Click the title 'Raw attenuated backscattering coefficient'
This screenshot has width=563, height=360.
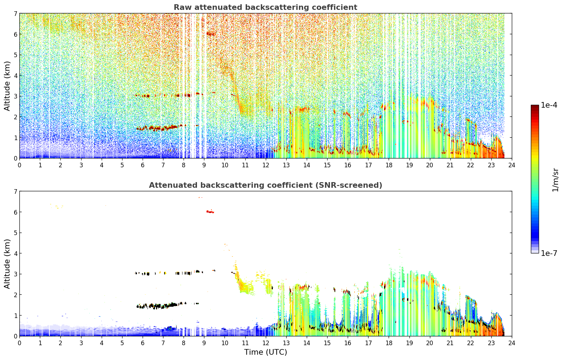click(265, 7)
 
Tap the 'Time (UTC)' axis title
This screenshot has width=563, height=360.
click(265, 352)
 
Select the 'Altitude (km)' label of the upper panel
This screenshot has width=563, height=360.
click(7, 86)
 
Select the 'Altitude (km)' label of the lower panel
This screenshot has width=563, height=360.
click(7, 264)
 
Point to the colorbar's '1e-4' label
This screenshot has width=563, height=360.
click(549, 105)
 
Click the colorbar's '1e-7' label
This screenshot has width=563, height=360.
click(549, 253)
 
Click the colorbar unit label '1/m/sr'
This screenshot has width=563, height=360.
click(555, 180)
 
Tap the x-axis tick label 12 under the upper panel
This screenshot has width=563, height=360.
click(265, 165)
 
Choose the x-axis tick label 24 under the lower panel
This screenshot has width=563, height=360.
click(512, 343)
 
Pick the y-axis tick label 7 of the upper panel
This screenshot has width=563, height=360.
click(16, 13)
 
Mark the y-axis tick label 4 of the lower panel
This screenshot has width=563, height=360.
click(16, 253)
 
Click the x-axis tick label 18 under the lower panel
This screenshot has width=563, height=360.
click(389, 343)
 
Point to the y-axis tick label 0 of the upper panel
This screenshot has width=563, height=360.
click(16, 158)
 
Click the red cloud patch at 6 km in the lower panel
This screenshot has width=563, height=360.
click(210, 212)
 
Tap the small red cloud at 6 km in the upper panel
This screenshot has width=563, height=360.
click(210, 34)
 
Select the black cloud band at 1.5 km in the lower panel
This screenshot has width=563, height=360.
click(161, 305)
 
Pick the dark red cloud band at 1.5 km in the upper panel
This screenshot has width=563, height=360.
click(161, 127)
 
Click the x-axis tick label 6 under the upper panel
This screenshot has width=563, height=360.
click(143, 165)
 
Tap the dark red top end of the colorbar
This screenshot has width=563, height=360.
click(535, 106)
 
